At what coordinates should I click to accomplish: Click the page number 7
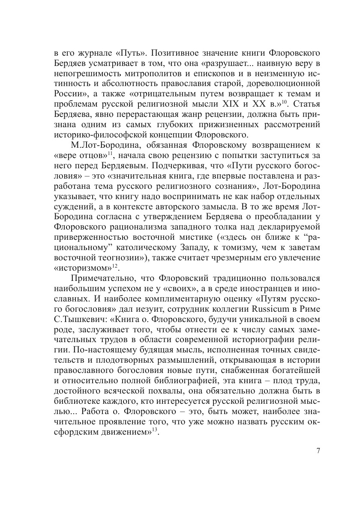point(318,450)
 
